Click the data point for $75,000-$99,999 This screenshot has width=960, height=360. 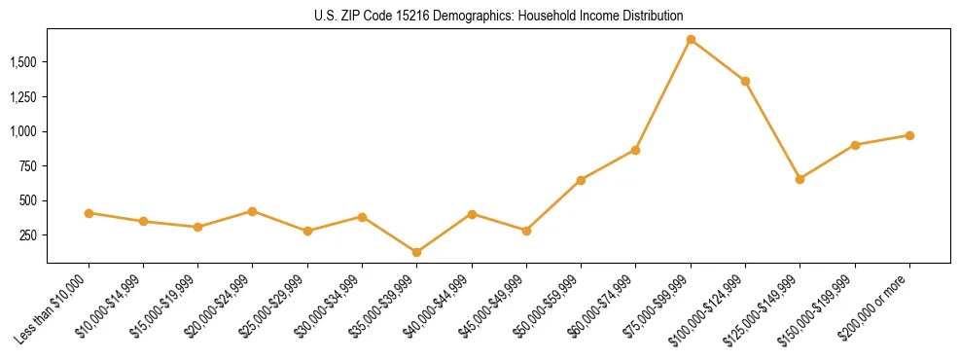point(691,40)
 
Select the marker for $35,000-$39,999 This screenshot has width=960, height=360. point(417,253)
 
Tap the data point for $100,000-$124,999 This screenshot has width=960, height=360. point(745,81)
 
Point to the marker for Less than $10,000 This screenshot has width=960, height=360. point(89,213)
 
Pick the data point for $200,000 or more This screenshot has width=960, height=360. point(909,135)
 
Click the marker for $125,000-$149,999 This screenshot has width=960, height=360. point(800,179)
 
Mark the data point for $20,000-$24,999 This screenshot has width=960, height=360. point(253,211)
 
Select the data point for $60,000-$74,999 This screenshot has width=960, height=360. point(635,150)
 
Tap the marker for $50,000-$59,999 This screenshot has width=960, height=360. point(581,180)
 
